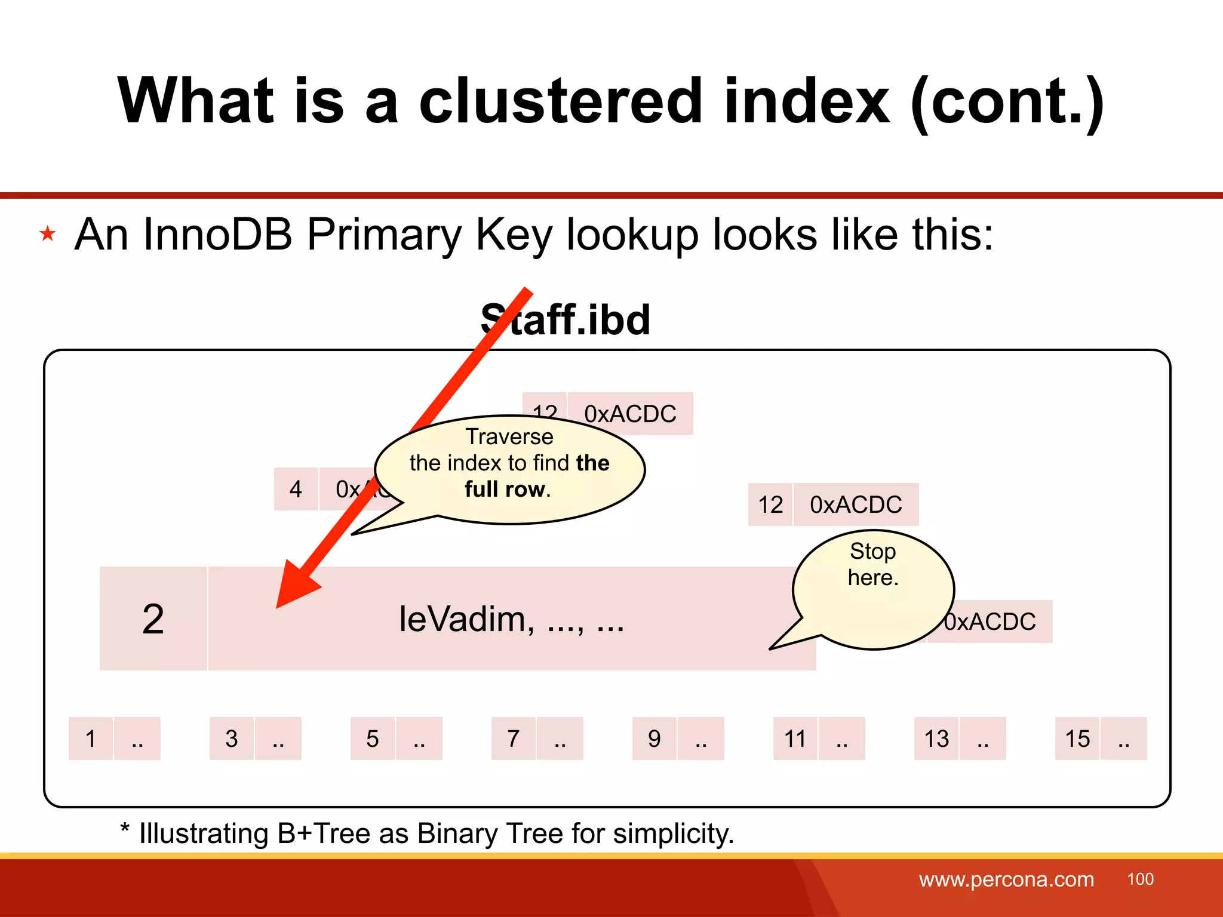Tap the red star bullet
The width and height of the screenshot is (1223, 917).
coord(48,233)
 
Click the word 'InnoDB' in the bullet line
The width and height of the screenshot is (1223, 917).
coord(217,234)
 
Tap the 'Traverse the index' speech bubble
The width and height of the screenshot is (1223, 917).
coord(509,463)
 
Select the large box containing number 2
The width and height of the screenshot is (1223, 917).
coord(153,618)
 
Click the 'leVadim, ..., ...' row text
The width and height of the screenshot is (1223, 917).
coord(511,619)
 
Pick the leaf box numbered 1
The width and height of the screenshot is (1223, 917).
coord(91,738)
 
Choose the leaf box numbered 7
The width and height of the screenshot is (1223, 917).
coord(514,738)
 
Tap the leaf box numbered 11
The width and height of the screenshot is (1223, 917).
coord(795,738)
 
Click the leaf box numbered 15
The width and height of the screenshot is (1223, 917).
coord(1077,738)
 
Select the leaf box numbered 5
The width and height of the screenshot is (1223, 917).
coord(373,738)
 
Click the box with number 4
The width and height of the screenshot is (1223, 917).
coord(296,489)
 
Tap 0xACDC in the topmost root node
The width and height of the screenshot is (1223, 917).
coord(630,414)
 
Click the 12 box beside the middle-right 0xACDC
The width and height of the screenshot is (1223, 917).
coord(770,504)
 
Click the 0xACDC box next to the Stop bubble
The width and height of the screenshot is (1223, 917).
coord(997,621)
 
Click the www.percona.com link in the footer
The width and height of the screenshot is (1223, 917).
coord(1006,879)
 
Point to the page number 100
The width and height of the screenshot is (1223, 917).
coord(1140,879)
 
